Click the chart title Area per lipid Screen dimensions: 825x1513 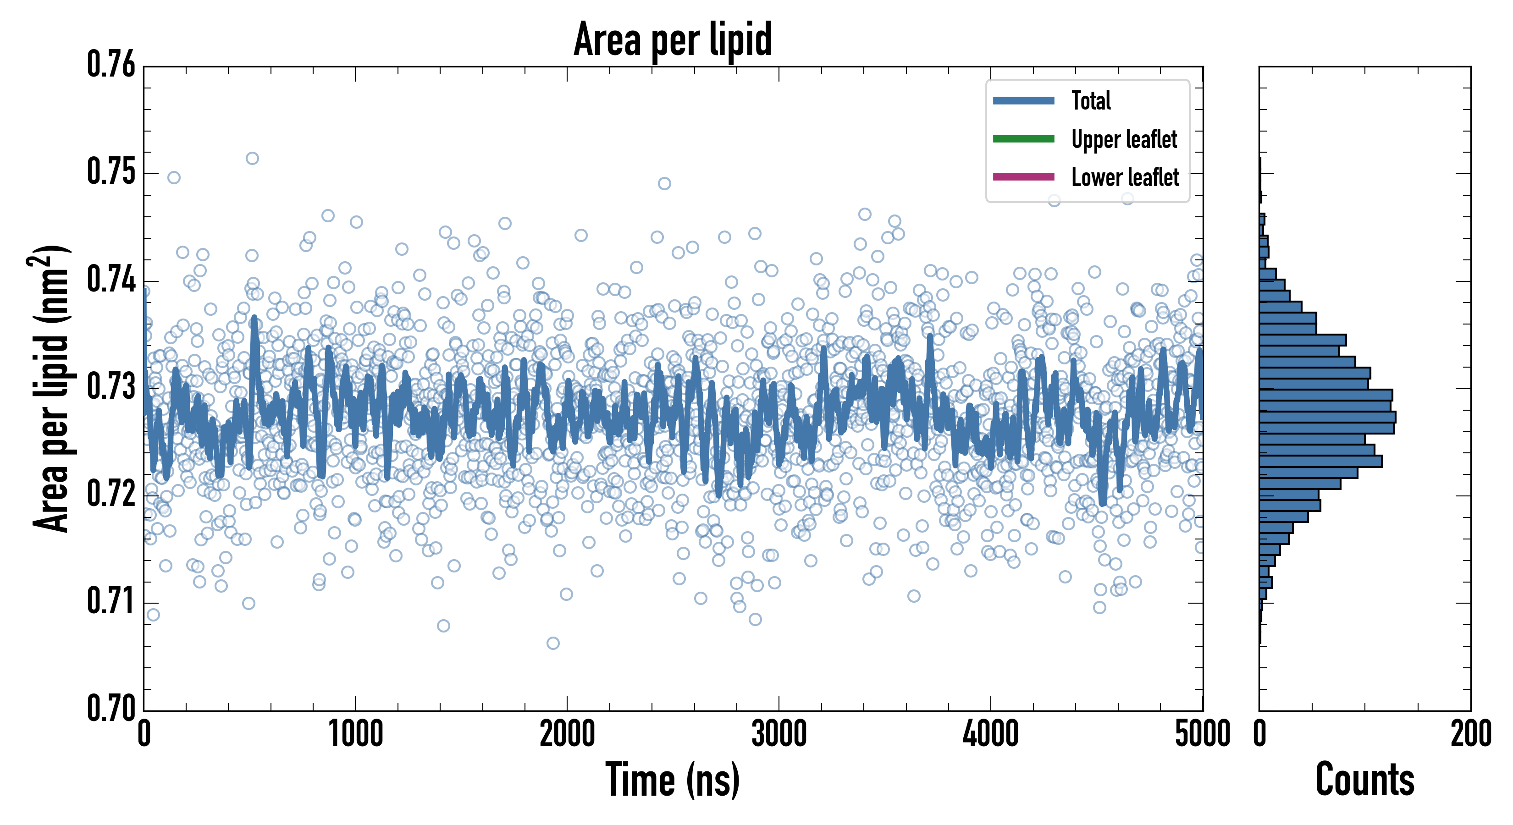point(673,39)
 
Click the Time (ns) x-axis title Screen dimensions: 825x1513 point(673,779)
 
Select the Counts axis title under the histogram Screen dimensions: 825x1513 point(1364,779)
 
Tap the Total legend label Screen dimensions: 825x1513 point(1091,100)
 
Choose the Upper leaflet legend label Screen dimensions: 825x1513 point(1124,139)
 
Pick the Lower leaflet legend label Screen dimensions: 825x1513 point(1125,177)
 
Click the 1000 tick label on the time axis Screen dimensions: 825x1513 point(355,734)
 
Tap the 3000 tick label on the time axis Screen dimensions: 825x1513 point(779,734)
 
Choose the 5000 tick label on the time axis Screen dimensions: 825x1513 point(1202,734)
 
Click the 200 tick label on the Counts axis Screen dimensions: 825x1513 point(1470,734)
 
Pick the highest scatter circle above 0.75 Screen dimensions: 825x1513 point(252,158)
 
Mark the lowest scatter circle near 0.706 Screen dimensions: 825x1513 point(552,643)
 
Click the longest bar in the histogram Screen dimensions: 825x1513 point(1327,417)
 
